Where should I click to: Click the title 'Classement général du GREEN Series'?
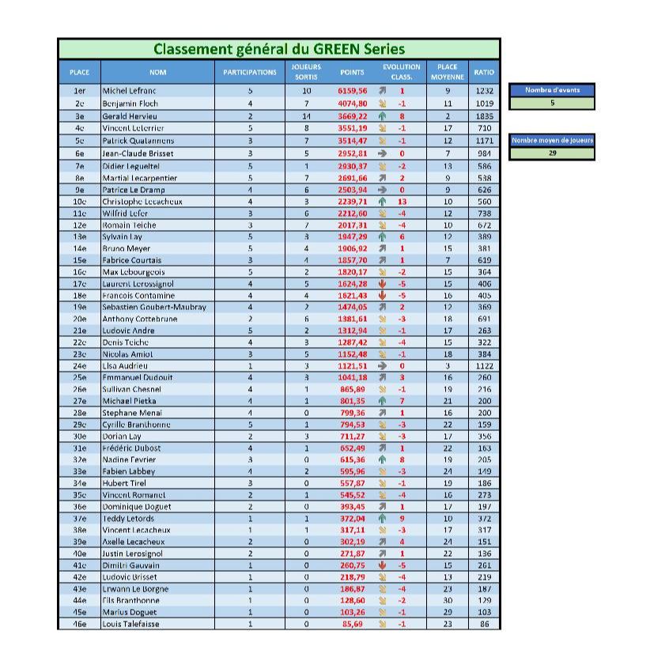[278, 49]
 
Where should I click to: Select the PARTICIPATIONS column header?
[250, 73]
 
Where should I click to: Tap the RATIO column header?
[484, 73]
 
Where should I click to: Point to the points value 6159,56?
[353, 91]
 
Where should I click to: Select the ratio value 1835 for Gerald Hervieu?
[484, 115]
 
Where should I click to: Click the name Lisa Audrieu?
[126, 366]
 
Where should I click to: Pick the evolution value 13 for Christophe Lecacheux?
[402, 201]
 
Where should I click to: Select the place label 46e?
[79, 624]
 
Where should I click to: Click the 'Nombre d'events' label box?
[552, 90]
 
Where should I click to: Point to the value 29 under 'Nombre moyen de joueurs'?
[552, 153]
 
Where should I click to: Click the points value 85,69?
[353, 624]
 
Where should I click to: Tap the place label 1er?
[79, 91]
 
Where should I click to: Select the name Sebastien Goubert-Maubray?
[154, 307]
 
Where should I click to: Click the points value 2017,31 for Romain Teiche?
[353, 225]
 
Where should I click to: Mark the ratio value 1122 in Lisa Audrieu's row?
[484, 366]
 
